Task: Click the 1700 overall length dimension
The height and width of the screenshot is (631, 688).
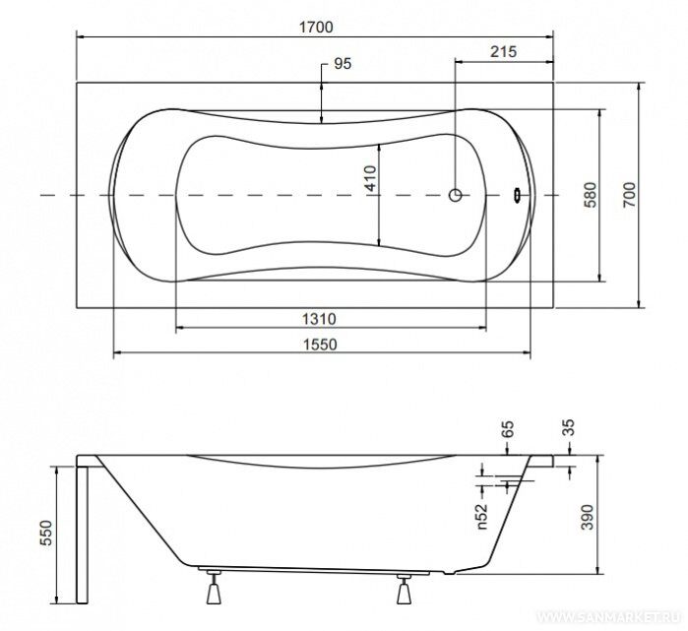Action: pyautogui.click(x=316, y=28)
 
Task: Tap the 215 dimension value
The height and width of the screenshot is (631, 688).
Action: pyautogui.click(x=503, y=52)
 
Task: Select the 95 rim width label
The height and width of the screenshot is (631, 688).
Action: pyautogui.click(x=343, y=64)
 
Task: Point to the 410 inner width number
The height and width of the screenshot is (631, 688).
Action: pyautogui.click(x=371, y=178)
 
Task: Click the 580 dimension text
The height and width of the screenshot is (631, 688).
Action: pyautogui.click(x=591, y=195)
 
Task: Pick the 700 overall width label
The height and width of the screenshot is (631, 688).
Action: pyautogui.click(x=629, y=195)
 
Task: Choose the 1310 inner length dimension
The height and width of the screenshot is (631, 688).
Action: pyautogui.click(x=319, y=319)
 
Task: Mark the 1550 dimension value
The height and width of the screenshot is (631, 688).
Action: pyautogui.click(x=320, y=344)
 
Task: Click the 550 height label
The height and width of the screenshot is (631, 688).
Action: pyautogui.click(x=45, y=533)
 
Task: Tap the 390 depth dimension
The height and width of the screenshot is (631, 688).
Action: pyautogui.click(x=587, y=517)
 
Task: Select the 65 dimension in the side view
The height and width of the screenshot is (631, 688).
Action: pyautogui.click(x=507, y=429)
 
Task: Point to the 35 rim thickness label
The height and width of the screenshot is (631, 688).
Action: pyautogui.click(x=568, y=427)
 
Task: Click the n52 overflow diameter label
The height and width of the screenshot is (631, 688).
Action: pyautogui.click(x=481, y=516)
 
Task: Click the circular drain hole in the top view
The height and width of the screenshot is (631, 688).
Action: pyautogui.click(x=456, y=195)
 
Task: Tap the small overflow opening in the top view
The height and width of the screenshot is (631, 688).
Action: pyautogui.click(x=517, y=195)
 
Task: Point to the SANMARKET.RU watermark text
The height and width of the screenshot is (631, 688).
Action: pyautogui.click(x=610, y=618)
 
